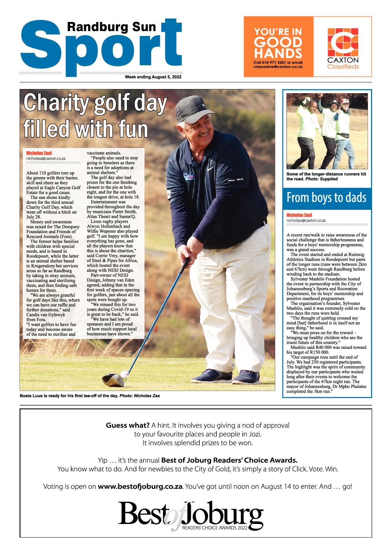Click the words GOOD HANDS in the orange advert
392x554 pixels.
[278, 48]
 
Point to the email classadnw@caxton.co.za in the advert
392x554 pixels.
[278, 66]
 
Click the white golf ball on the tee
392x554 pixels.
[124, 374]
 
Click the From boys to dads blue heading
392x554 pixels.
[326, 198]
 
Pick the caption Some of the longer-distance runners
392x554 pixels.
[326, 176]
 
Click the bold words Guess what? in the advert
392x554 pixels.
[128, 425]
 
